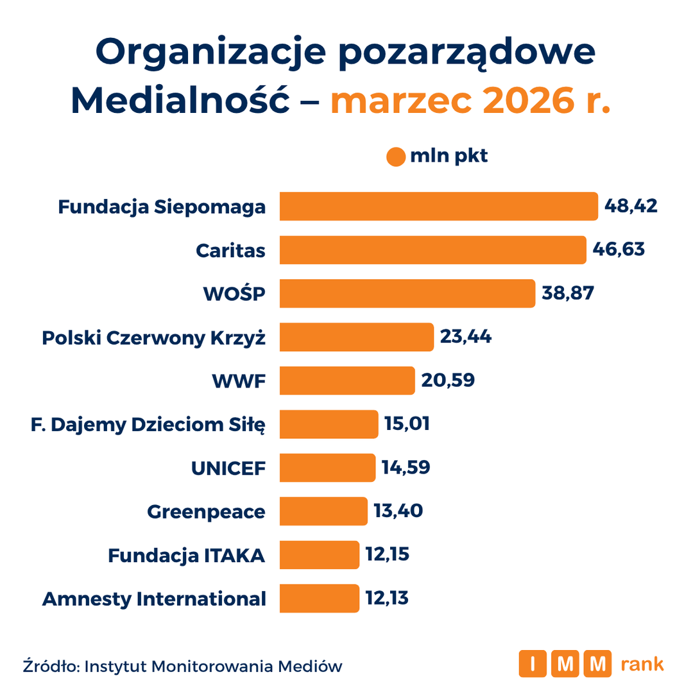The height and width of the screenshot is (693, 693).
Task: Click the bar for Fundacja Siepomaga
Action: pyautogui.click(x=438, y=206)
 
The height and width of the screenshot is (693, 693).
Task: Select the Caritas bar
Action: pyautogui.click(x=432, y=250)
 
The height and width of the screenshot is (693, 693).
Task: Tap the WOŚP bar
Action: pyautogui.click(x=407, y=293)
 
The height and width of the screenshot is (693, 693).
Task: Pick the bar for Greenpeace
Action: pyautogui.click(x=323, y=511)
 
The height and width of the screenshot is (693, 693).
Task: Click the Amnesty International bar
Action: pyautogui.click(x=319, y=598)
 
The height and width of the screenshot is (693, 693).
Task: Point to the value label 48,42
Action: pyautogui.click(x=631, y=206)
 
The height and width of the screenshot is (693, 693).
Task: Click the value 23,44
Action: pyautogui.click(x=465, y=337)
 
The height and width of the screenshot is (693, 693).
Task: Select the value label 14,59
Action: pyautogui.click(x=406, y=467)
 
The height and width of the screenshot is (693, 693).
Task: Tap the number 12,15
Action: pyautogui.click(x=387, y=554)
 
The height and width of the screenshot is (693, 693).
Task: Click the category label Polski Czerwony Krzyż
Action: pyautogui.click(x=153, y=338)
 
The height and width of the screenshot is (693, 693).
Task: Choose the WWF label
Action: pyautogui.click(x=239, y=381)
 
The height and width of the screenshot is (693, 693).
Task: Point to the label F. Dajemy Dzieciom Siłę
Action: pyautogui.click(x=148, y=425)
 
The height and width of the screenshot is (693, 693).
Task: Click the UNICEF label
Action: pyautogui.click(x=228, y=468)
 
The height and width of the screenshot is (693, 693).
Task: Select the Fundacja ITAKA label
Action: pyautogui.click(x=187, y=556)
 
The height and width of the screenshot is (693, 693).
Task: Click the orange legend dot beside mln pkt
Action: pyautogui.click(x=395, y=157)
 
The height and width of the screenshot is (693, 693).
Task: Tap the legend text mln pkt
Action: pyautogui.click(x=449, y=156)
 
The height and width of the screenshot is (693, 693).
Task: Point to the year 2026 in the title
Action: pyautogui.click(x=528, y=100)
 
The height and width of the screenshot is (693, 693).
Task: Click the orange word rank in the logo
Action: pyautogui.click(x=642, y=663)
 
